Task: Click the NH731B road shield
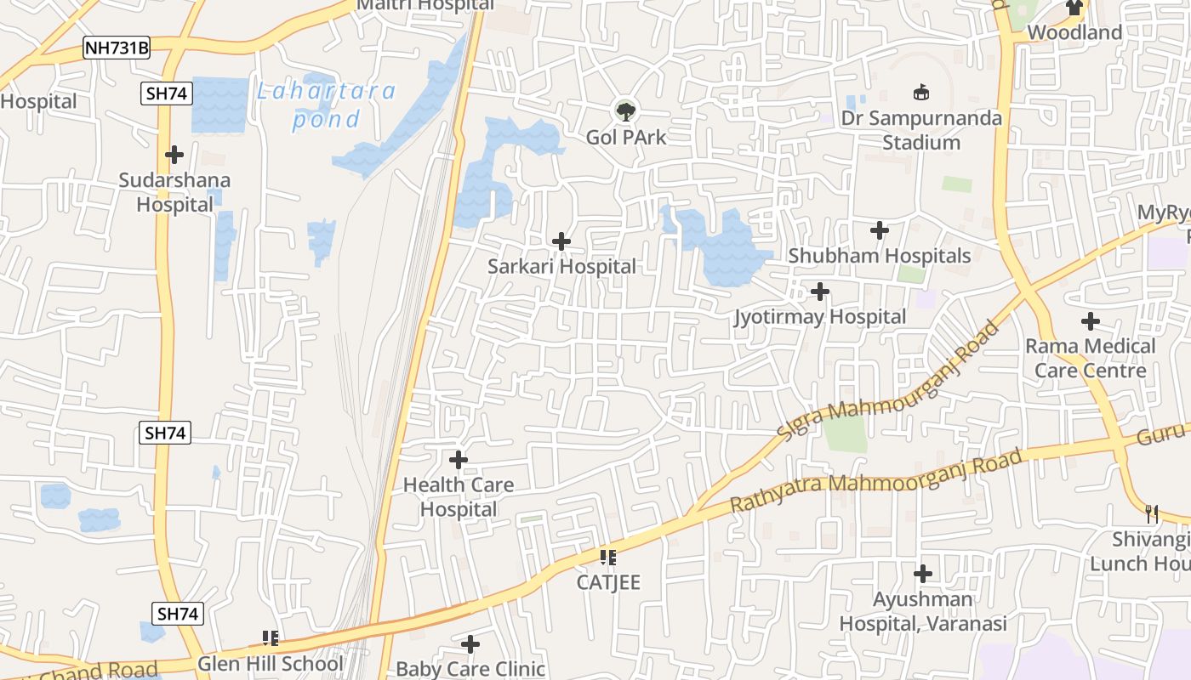click(117, 48)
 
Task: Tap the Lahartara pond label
click(327, 105)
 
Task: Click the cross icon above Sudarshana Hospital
click(174, 155)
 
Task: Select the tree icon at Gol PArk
click(626, 110)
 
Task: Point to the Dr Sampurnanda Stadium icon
click(920, 92)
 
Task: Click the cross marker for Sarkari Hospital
click(561, 241)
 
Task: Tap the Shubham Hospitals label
click(879, 256)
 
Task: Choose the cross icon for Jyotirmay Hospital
click(820, 292)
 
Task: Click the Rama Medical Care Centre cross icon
click(1091, 321)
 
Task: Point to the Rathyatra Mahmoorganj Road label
click(876, 481)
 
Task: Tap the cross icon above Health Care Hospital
click(459, 461)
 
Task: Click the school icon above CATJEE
click(608, 558)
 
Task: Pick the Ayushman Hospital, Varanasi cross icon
click(923, 574)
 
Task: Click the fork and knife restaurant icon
click(1152, 514)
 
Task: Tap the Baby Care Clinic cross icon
click(470, 644)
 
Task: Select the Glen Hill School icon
click(271, 637)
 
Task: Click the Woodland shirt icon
click(1074, 8)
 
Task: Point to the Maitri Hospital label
click(425, 5)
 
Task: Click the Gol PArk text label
click(626, 137)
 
